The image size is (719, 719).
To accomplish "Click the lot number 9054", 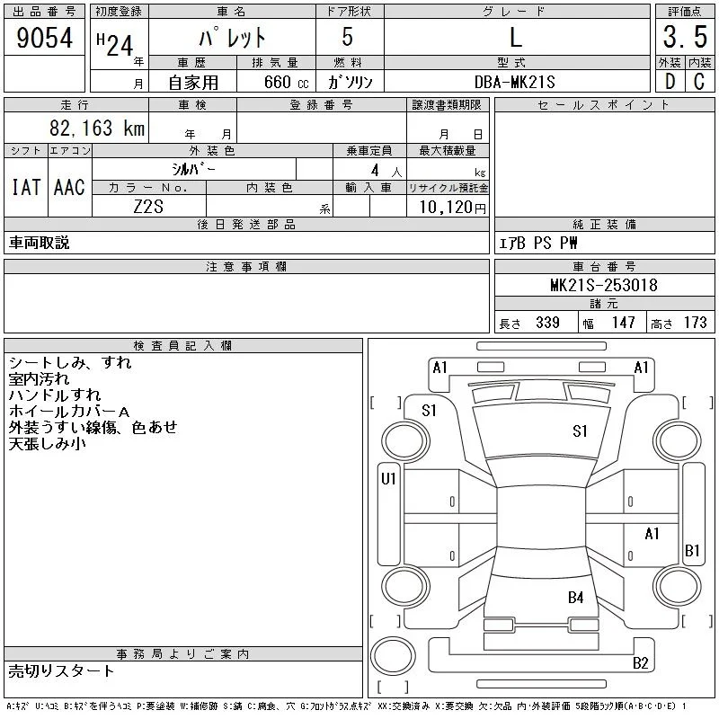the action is point(44,38).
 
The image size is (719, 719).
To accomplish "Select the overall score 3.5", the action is point(685,37).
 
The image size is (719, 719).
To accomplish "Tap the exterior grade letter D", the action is point(670,82).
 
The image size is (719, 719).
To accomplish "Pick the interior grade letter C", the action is point(699,82).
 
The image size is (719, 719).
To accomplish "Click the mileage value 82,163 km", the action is point(97,128).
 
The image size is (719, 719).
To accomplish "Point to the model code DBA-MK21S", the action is point(514,82).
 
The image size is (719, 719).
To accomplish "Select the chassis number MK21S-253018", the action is point(603,285).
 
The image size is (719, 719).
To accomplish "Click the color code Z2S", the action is point(148,207).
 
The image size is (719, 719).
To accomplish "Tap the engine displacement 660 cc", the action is point(286,82).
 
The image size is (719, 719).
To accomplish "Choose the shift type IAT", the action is point(26,187).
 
